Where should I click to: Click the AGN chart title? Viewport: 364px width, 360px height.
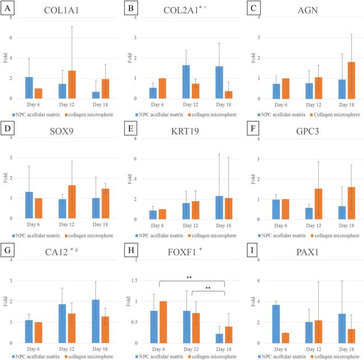click(x=312, y=10)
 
